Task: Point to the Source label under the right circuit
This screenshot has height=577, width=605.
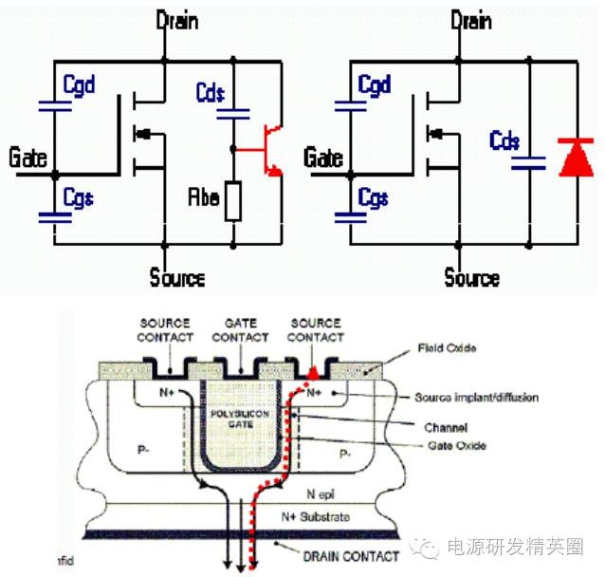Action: point(471,277)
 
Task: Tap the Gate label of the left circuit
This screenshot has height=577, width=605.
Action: point(28,158)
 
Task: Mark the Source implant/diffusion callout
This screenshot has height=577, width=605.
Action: point(476,398)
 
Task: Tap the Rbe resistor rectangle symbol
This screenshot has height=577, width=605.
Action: point(231,201)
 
